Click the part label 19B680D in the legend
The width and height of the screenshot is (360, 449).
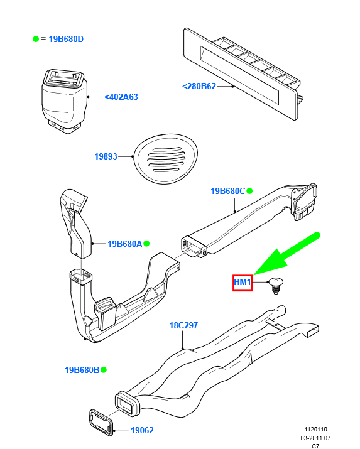click(x=66, y=39)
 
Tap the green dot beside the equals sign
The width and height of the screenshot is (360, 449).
click(x=36, y=39)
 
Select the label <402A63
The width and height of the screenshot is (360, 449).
click(x=121, y=97)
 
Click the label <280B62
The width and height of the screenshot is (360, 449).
click(x=199, y=86)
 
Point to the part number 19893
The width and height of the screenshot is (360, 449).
click(x=106, y=156)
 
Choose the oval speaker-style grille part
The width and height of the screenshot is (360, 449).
click(x=165, y=159)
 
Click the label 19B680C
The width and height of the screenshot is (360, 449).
click(x=228, y=191)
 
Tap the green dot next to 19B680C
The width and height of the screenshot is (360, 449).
click(x=249, y=191)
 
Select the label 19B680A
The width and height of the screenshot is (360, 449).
click(x=125, y=244)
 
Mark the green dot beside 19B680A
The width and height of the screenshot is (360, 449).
click(x=146, y=244)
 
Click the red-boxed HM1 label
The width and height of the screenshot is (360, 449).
click(x=243, y=283)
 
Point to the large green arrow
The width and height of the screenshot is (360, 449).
click(x=286, y=254)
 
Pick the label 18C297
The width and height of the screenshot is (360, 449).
click(x=183, y=325)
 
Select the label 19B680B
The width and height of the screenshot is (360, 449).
click(x=82, y=370)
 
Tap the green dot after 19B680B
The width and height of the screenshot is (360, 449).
click(x=104, y=370)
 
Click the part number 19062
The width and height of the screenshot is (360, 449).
click(x=143, y=430)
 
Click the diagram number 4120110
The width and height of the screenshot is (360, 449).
click(x=315, y=430)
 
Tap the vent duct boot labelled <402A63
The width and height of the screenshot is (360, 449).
click(x=65, y=101)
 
